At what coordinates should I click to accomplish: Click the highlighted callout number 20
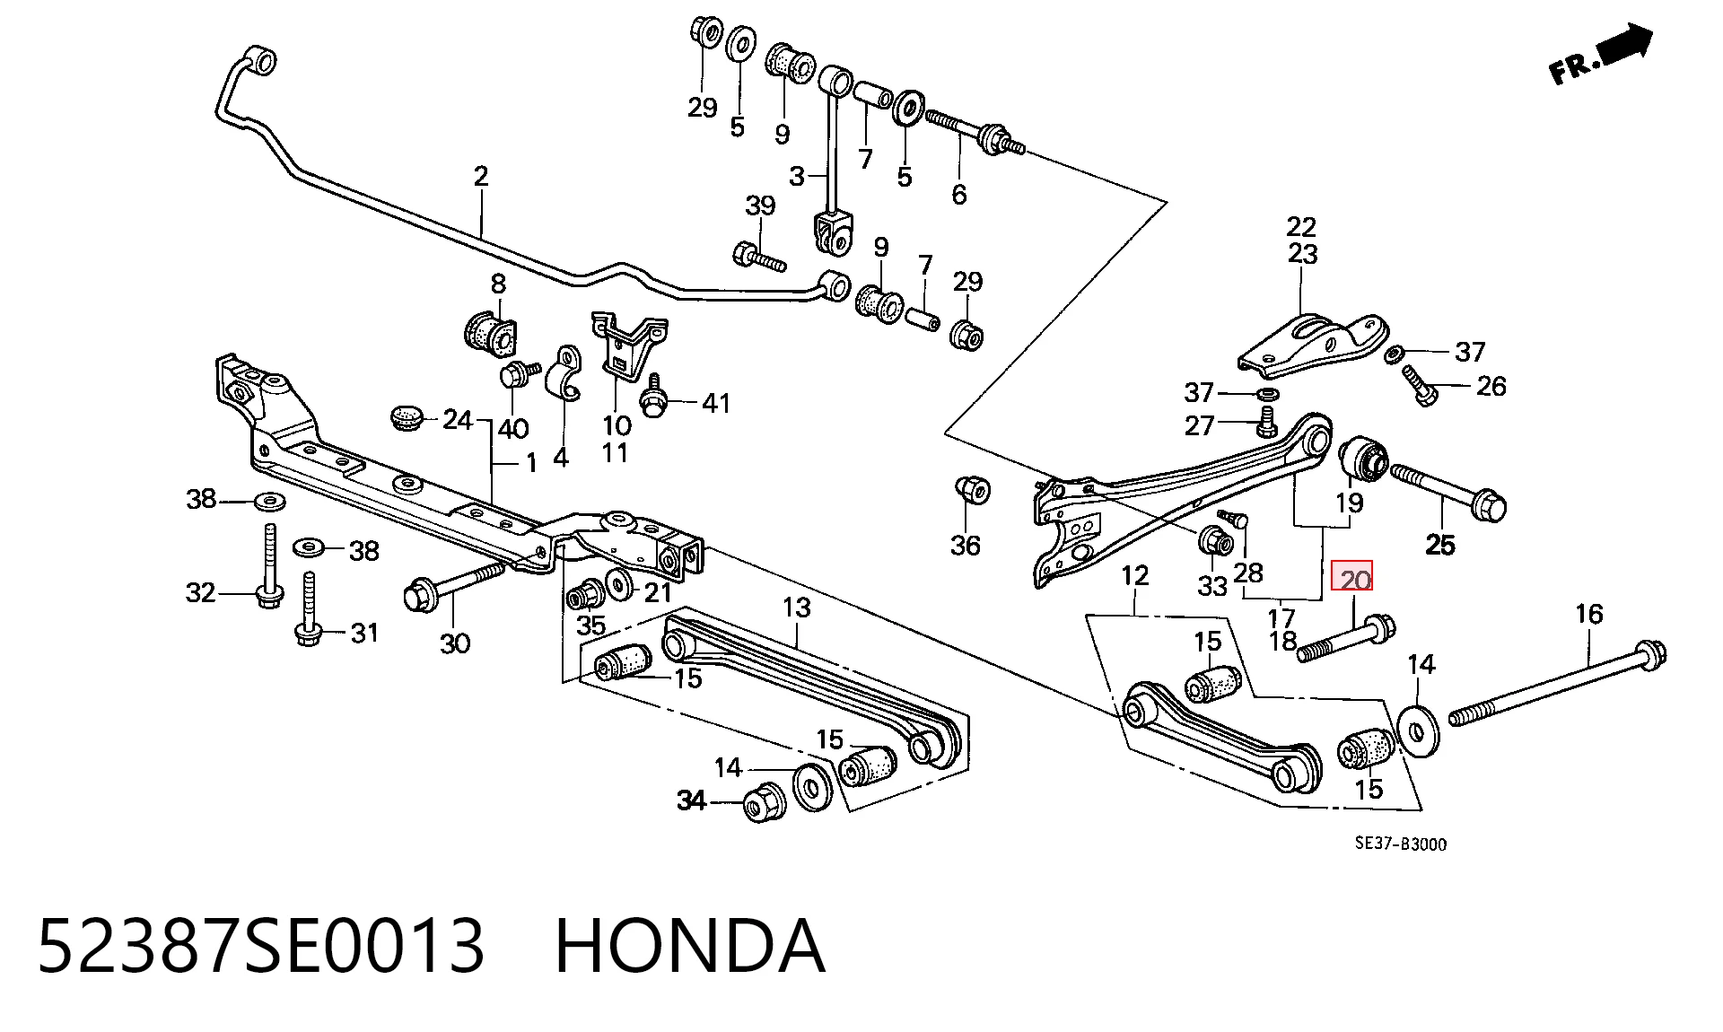(1351, 577)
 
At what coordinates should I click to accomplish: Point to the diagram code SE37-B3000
(1400, 844)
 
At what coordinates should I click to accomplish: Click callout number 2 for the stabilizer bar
(481, 175)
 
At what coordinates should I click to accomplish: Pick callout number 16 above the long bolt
(1588, 614)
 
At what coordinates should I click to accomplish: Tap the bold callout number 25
(1440, 544)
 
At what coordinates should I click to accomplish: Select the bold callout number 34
(691, 800)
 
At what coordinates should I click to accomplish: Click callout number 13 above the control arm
(796, 608)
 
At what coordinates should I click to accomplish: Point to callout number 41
(715, 404)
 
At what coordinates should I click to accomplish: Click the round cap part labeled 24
(409, 417)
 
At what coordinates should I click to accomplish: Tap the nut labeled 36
(972, 490)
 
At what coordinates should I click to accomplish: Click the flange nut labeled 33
(1212, 541)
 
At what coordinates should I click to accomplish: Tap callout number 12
(1135, 575)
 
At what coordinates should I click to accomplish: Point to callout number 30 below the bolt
(455, 643)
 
